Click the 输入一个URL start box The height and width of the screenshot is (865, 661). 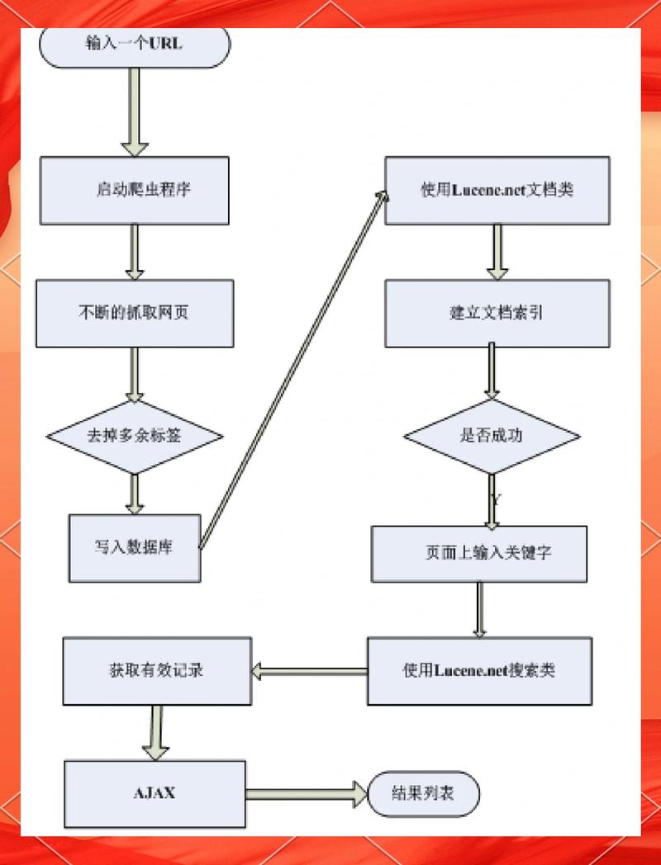click(x=135, y=45)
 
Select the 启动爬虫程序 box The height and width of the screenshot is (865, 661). click(x=135, y=190)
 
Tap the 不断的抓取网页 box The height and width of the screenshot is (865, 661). click(x=134, y=313)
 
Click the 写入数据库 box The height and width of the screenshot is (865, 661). click(x=134, y=547)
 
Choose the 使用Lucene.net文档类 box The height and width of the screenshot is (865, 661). click(x=497, y=190)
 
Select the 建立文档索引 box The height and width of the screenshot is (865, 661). click(x=497, y=313)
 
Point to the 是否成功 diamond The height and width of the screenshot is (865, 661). click(x=492, y=436)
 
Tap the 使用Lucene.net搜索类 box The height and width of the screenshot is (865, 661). click(x=479, y=669)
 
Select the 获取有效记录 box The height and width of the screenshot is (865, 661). click(x=156, y=669)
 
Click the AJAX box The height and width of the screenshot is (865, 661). click(x=155, y=793)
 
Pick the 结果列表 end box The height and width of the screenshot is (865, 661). click(x=423, y=794)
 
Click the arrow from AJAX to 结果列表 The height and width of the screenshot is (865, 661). click(x=306, y=794)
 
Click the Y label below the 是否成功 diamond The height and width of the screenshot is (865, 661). click(x=496, y=499)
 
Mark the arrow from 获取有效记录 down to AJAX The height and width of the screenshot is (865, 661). click(x=155, y=732)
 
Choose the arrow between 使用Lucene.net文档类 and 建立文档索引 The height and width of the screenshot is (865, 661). click(x=497, y=252)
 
